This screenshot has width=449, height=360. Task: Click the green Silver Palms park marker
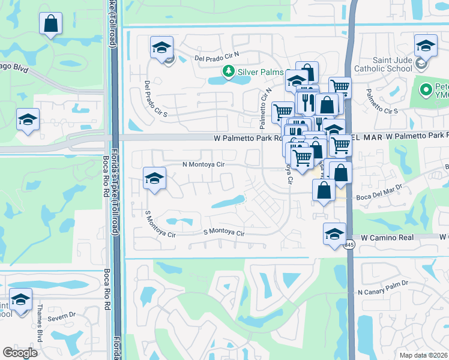228,72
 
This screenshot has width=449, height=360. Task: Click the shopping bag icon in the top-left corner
51,24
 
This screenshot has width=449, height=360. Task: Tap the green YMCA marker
426,91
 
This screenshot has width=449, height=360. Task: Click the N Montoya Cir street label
203,164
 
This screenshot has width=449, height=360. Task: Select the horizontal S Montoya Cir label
224,232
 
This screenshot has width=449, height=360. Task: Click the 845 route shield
349,245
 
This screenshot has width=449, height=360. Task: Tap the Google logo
20,353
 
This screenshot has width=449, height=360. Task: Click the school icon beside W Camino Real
334,235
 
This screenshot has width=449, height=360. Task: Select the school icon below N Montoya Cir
154,179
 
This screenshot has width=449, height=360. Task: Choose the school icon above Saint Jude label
426,46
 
